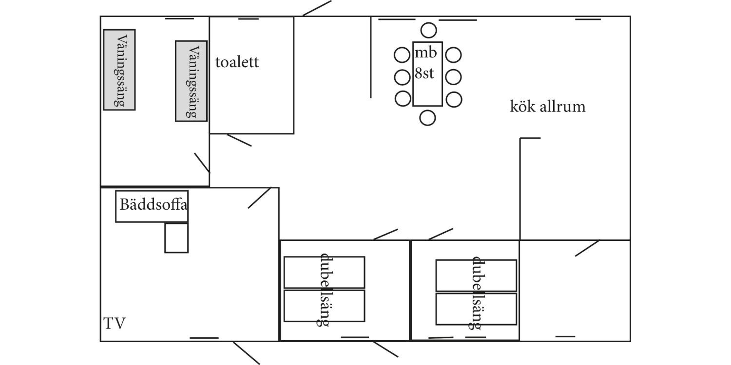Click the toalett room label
pos(237,62)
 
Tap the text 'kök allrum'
pos(548,107)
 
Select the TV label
pos(114,323)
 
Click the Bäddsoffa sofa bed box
pos(152,206)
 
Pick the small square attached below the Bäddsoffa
pos(176,238)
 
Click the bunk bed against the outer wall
pos(119,70)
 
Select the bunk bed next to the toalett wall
pos(191,81)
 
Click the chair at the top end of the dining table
pos(429,30)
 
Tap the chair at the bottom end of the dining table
pos(427,118)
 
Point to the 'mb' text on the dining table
pos(426,53)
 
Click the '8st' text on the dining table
pos(424,73)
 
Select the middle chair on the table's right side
pos(453,77)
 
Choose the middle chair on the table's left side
pos(402,77)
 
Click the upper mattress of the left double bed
pos(324,272)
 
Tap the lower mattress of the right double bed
pos(476,309)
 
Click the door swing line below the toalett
pos(239,140)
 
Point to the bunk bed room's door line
pos(202,163)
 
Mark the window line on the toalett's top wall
pos(249,19)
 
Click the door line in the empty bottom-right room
pos(588,248)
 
